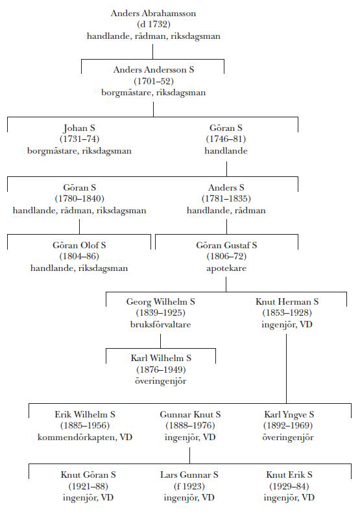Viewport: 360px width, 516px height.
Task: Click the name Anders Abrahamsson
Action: click(x=153, y=13)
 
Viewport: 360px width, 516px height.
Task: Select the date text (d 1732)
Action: click(x=154, y=25)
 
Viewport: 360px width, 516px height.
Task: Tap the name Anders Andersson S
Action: click(x=154, y=70)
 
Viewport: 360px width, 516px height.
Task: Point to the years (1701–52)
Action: click(x=154, y=81)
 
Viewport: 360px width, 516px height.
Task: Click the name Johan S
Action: click(x=79, y=128)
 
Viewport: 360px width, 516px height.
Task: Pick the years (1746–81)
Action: click(x=226, y=139)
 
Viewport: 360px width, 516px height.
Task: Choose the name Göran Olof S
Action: click(x=79, y=245)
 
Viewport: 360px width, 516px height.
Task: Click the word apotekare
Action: click(x=226, y=268)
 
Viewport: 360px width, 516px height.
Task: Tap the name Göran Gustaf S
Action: click(x=226, y=245)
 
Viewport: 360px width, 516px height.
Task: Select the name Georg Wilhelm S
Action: click(x=160, y=302)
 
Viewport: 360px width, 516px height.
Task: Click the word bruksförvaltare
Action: click(x=160, y=325)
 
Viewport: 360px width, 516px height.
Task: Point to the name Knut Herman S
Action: click(x=287, y=302)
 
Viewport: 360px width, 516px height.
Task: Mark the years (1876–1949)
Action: click(x=161, y=369)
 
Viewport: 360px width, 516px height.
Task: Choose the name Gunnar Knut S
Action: click(x=190, y=415)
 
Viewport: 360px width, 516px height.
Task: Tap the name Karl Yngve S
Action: click(x=289, y=415)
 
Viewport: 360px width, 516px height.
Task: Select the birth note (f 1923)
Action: click(x=189, y=486)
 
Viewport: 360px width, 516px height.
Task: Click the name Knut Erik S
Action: click(x=289, y=475)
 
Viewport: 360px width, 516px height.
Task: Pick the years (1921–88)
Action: click(x=88, y=486)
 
